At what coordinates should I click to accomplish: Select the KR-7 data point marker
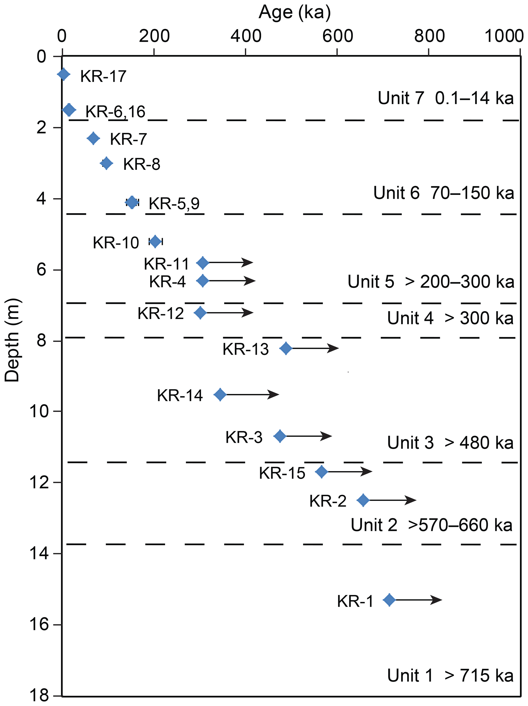point(93,138)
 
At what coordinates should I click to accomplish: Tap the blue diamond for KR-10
point(155,242)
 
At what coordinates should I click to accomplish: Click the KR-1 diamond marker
point(389,600)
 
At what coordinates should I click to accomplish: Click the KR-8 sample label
point(142,164)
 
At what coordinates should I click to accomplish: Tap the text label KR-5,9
point(174,203)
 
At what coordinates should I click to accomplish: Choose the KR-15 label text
point(282,473)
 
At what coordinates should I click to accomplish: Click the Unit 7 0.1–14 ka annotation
point(446,98)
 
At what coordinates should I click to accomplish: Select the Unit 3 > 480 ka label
point(450,443)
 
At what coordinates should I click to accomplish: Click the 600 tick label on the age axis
point(337,36)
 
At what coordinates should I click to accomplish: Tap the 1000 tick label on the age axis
point(504,36)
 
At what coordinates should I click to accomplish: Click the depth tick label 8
point(41,340)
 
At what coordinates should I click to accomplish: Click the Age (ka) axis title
point(294,13)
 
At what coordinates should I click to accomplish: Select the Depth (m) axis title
point(12,340)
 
